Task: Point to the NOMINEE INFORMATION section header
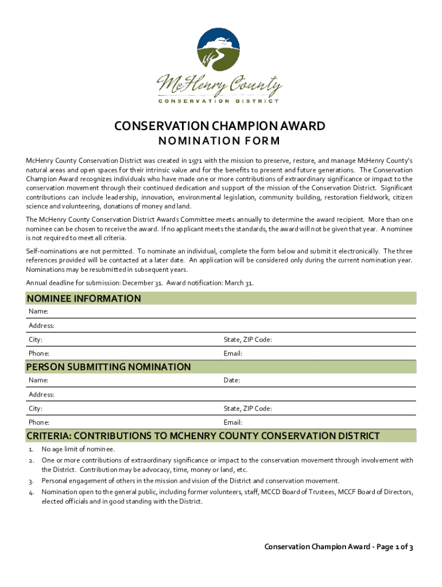(84, 299)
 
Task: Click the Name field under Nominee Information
(38, 311)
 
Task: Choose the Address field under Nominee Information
(41, 326)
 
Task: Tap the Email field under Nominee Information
(233, 354)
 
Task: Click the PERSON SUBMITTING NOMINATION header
(109, 367)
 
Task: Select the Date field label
(232, 380)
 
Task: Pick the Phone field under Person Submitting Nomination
(39, 422)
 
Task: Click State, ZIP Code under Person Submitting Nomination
(248, 409)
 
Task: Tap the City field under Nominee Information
(36, 340)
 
